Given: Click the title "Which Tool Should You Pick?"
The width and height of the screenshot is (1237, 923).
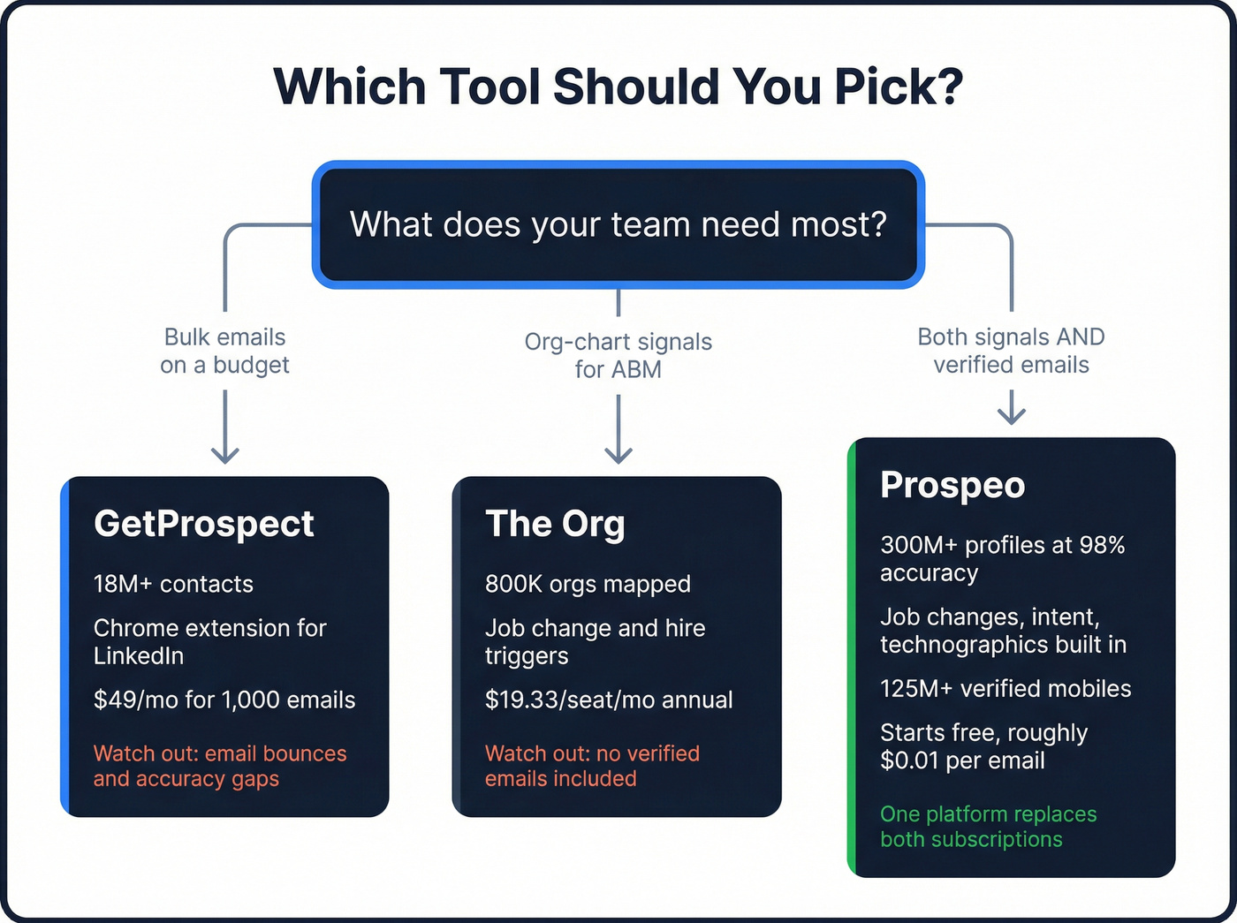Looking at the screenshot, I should click(x=618, y=87).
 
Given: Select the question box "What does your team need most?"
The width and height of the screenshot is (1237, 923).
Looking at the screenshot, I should click(x=618, y=224).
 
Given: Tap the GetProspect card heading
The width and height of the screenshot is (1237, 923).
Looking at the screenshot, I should click(x=204, y=524).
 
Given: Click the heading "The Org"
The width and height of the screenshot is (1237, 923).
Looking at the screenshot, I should click(x=555, y=524).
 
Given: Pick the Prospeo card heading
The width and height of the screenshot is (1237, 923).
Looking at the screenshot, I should click(x=952, y=485).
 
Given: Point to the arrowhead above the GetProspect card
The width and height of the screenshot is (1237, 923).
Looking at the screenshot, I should click(x=225, y=455).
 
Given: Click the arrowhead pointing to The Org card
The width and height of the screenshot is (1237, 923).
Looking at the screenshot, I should click(x=618, y=455).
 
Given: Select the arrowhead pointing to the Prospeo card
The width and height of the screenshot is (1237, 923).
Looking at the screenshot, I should click(x=1011, y=414).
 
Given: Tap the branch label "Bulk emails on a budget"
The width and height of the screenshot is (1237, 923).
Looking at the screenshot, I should click(x=224, y=351).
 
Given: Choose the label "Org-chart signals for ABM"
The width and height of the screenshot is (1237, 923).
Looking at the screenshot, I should click(x=618, y=355).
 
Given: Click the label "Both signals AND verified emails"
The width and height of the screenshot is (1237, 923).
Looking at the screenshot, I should click(x=1011, y=351).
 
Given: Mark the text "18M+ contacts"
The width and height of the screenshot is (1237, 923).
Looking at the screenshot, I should click(x=173, y=584).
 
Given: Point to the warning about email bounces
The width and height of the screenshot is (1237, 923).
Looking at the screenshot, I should click(x=220, y=766).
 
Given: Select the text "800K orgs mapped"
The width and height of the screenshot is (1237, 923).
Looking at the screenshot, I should click(x=588, y=584).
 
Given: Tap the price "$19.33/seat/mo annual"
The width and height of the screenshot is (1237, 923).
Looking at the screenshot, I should click(x=609, y=700).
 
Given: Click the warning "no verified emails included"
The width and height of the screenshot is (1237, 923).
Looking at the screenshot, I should click(x=592, y=766).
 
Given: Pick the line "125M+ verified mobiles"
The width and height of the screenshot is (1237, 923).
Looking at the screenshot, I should click(x=1006, y=689).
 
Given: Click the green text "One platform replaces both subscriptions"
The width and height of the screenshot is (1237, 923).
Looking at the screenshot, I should click(x=988, y=827).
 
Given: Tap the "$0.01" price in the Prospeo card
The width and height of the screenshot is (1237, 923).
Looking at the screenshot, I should click(x=909, y=760).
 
